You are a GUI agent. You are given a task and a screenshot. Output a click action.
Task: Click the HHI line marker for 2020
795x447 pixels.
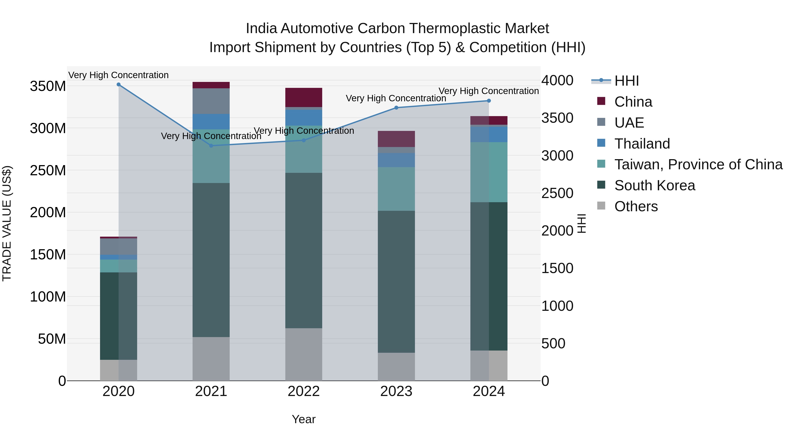coord(119,85)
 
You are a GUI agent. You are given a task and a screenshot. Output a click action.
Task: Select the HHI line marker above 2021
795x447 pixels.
coord(211,146)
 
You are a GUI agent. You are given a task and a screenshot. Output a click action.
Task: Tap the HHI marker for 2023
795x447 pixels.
coord(396,108)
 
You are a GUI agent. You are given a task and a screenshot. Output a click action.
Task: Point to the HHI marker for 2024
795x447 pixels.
coord(489,101)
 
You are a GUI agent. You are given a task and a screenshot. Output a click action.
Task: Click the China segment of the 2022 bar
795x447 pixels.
coord(304,97)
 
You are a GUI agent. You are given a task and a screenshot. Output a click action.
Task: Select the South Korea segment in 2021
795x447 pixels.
coord(211,260)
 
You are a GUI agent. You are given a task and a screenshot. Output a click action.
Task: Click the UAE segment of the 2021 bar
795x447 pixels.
coord(211,101)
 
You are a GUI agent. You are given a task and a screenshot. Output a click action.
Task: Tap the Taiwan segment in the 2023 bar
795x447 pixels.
coord(396,189)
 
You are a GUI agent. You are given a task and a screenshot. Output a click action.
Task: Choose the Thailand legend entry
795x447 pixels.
coord(642,144)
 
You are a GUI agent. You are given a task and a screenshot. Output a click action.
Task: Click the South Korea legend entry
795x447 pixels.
coord(654,185)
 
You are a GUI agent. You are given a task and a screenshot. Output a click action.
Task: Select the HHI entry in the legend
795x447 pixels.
coord(627,81)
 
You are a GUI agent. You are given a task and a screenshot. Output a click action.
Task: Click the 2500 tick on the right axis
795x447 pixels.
coord(557,193)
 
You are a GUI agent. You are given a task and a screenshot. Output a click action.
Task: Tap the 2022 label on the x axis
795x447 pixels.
coord(304,391)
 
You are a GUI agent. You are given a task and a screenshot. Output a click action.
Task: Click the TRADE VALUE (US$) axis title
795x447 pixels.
coord(7,223)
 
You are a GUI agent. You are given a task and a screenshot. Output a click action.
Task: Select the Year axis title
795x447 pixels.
coord(304,419)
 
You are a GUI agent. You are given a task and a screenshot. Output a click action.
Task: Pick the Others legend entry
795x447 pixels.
coord(636,206)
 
